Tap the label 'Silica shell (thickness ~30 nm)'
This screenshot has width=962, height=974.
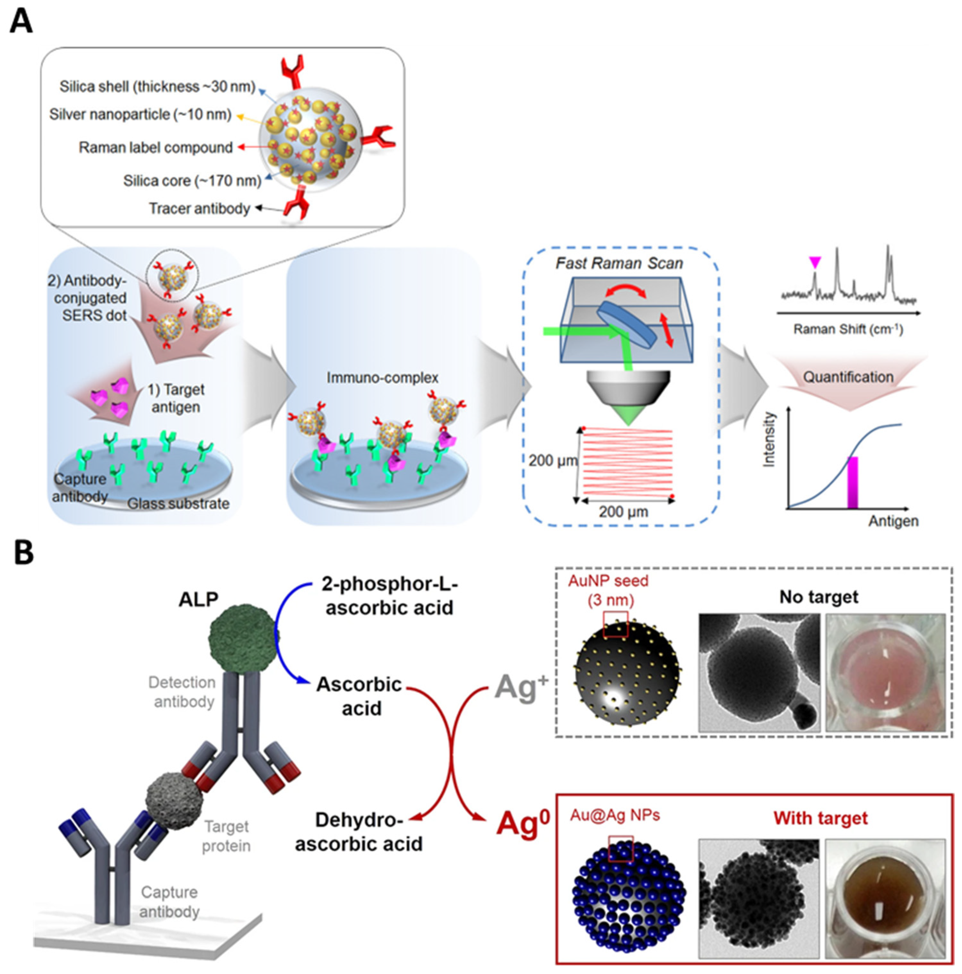[x=157, y=87]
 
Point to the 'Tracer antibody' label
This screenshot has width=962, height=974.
[x=199, y=208]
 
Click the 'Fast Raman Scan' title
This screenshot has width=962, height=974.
[x=619, y=263]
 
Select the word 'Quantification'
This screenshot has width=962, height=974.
[x=848, y=377]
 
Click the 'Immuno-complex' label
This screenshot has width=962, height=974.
[x=382, y=378]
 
